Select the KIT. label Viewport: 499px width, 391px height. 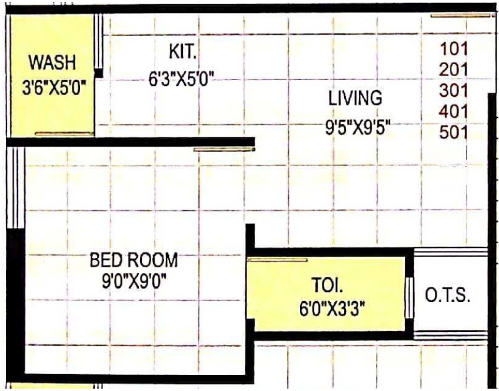pos(182,52)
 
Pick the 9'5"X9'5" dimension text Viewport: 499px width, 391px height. pos(358,127)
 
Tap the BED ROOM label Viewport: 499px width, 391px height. pos(134,259)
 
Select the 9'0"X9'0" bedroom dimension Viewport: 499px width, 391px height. pos(134,282)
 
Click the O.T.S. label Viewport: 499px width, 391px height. pos(448,296)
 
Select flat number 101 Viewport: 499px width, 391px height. pos(453,49)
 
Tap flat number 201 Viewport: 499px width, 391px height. pos(453,70)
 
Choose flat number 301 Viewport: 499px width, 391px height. pos(453,91)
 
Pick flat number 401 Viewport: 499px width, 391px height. pos(453,111)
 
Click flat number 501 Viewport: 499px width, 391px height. pos(453,132)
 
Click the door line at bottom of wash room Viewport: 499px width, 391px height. pos(64,134)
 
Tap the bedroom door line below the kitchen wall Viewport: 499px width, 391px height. pos(224,150)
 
